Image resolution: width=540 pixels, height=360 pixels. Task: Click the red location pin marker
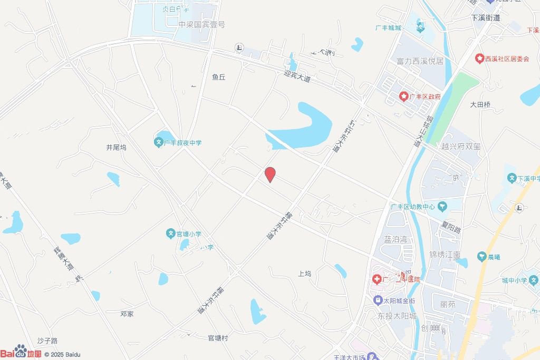(270, 174)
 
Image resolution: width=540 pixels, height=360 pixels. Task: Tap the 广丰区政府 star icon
(403, 96)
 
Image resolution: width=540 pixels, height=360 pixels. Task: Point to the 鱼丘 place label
(218, 77)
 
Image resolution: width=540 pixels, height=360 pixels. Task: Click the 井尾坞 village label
(116, 148)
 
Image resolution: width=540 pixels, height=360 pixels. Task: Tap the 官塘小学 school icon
(171, 232)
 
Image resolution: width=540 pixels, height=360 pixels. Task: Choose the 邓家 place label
(127, 314)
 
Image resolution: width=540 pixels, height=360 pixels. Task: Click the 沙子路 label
(47, 341)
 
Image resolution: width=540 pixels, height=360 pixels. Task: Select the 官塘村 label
(217, 338)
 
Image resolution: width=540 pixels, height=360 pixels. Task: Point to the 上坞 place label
(305, 274)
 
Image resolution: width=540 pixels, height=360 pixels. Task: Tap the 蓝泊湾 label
(395, 239)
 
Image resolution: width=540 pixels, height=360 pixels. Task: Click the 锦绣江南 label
(445, 255)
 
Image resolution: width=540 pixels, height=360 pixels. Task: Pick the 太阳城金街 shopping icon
(378, 300)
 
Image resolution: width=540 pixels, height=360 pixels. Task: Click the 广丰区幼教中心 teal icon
(442, 206)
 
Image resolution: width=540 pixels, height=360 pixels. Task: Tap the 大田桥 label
(480, 104)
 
